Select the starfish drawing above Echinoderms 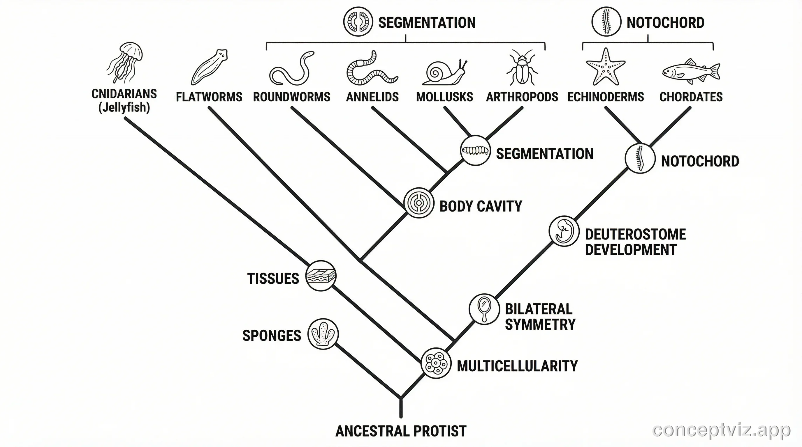click(605, 67)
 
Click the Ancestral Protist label click(401, 431)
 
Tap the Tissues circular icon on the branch click(321, 276)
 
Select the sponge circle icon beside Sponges click(323, 334)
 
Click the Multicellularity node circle click(436, 363)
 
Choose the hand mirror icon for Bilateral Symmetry click(484, 309)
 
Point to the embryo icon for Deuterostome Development click(564, 231)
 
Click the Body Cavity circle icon click(419, 203)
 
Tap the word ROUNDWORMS click(291, 97)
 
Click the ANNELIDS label click(372, 97)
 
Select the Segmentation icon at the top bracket click(358, 22)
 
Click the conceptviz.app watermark click(721, 430)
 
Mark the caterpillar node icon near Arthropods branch click(475, 150)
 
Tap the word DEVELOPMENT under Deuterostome click(631, 250)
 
